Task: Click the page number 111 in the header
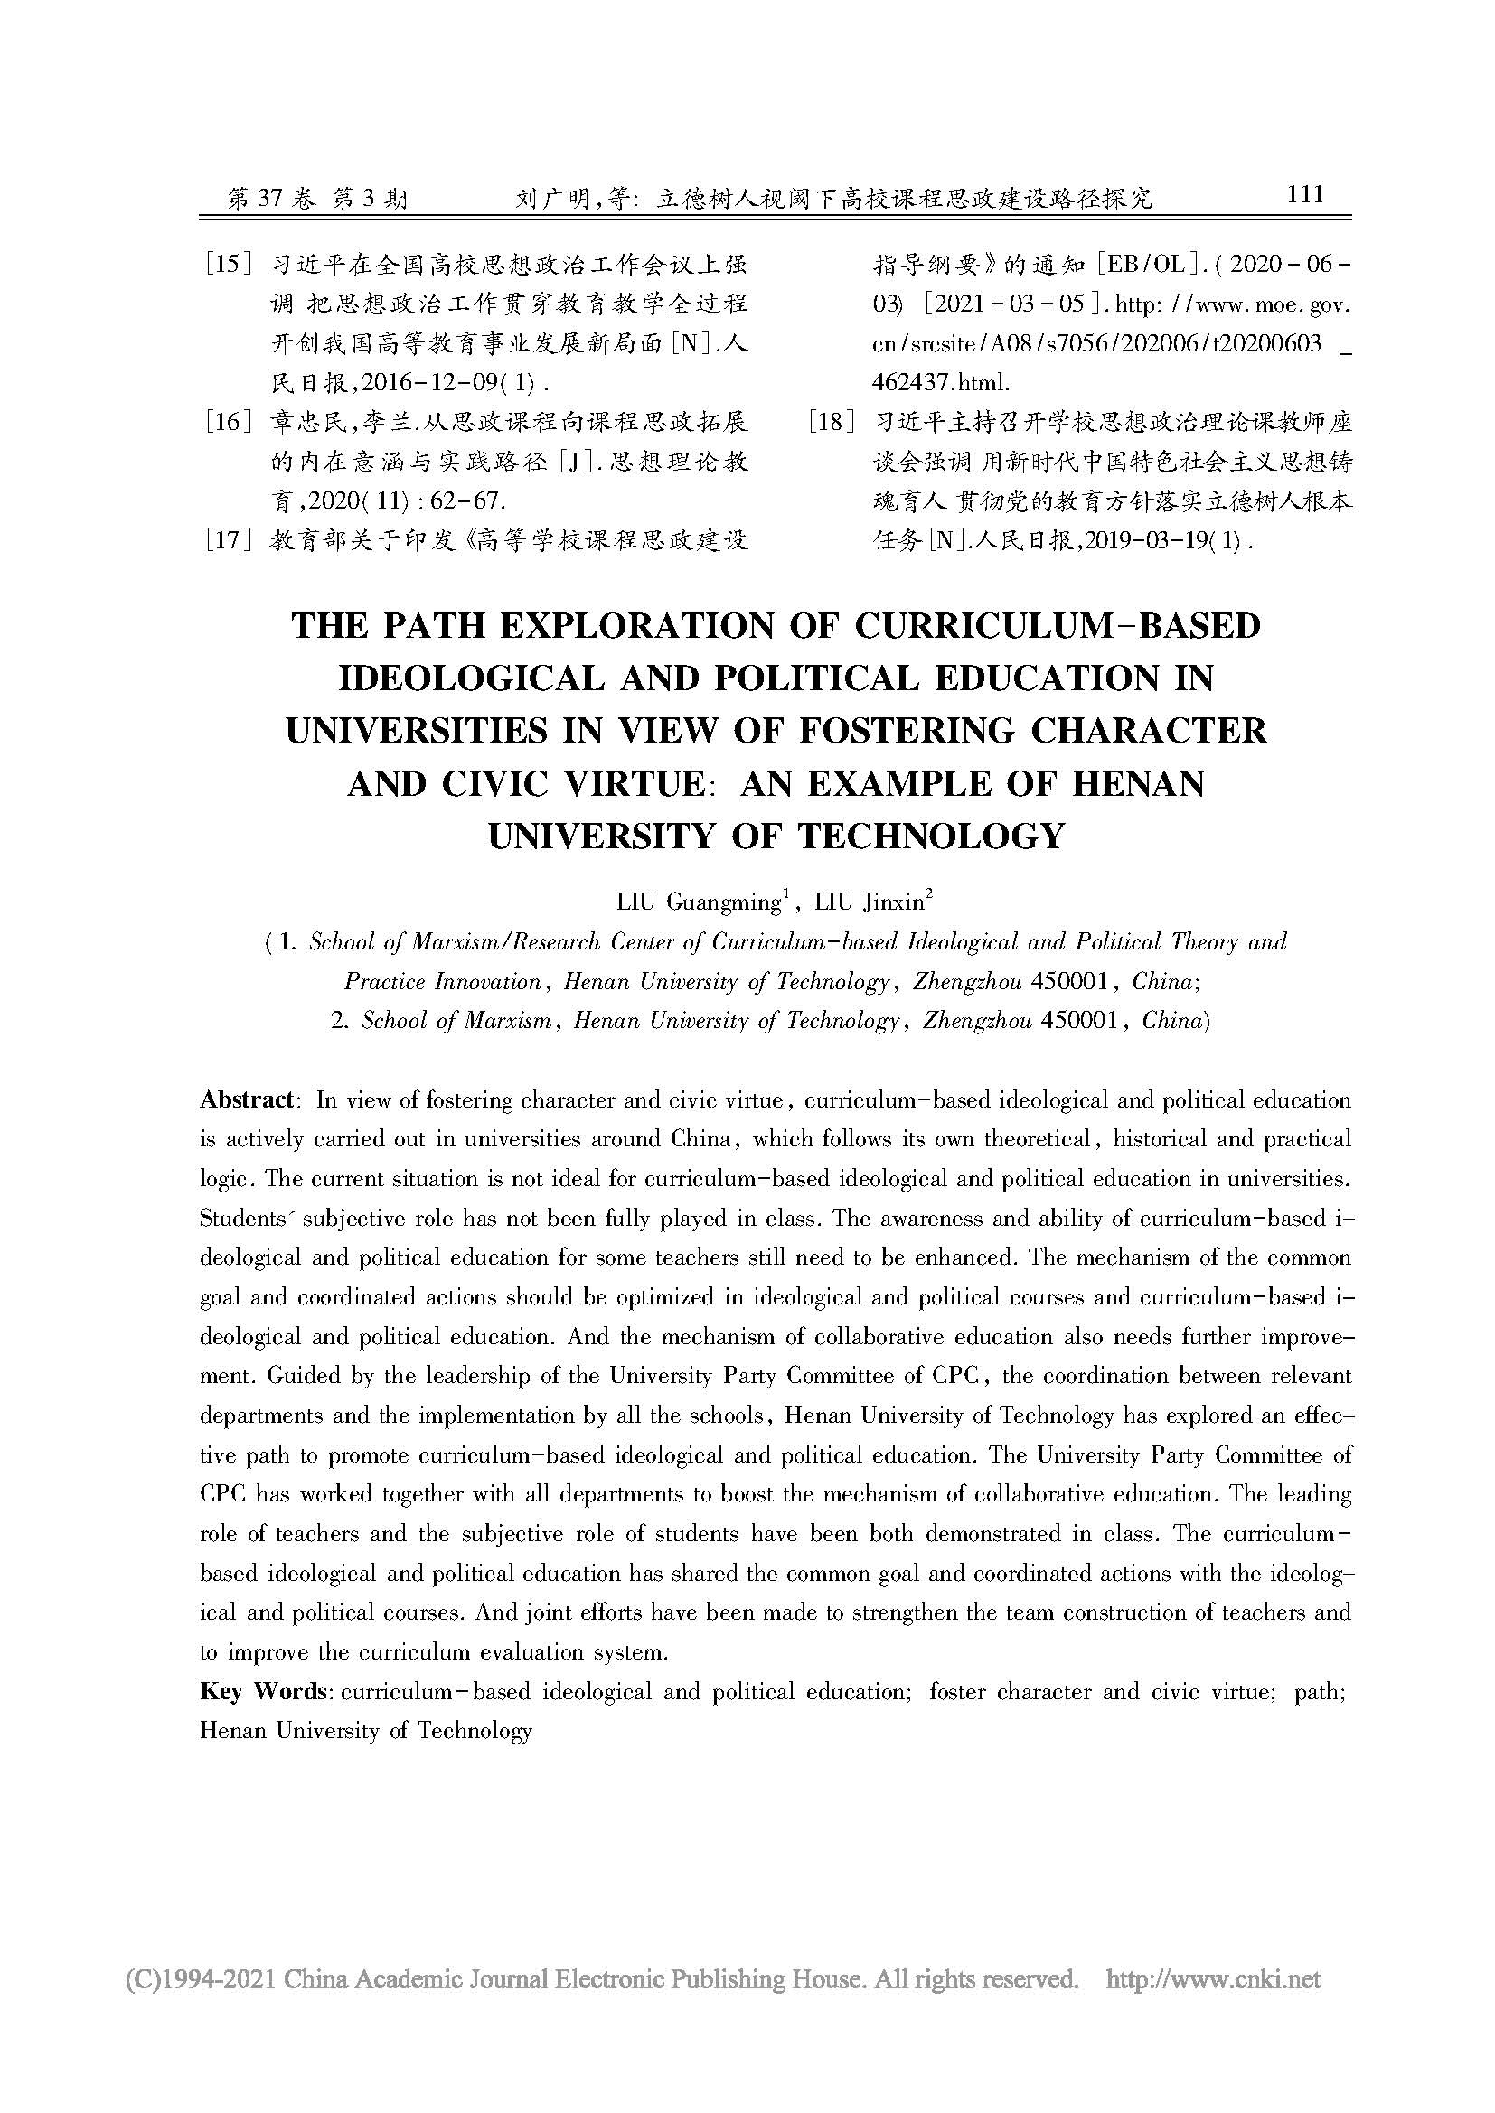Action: point(1305,194)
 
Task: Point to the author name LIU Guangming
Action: point(698,902)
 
